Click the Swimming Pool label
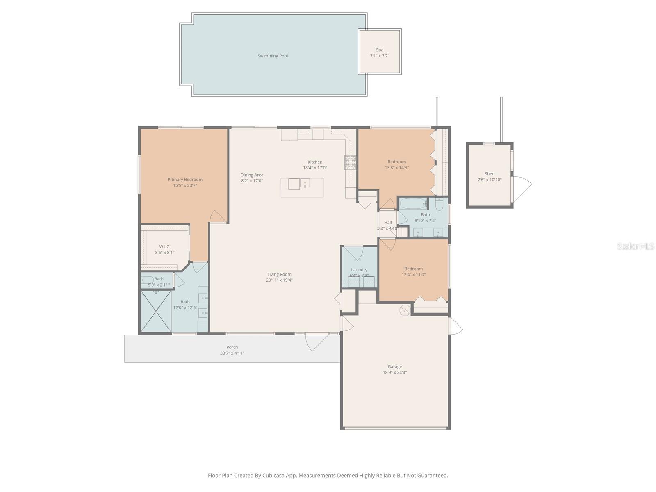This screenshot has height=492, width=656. (x=273, y=56)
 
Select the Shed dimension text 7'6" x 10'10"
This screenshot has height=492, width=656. (x=490, y=180)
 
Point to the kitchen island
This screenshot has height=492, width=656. (x=302, y=187)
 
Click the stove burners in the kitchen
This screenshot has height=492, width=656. (x=350, y=163)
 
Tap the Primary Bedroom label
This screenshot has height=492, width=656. (x=185, y=180)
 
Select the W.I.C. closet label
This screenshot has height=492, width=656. (x=165, y=246)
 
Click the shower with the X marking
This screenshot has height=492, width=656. (x=156, y=311)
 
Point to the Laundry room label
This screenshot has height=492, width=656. (x=359, y=270)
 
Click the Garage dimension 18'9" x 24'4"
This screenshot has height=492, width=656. (x=395, y=373)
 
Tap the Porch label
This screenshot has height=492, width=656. (x=232, y=347)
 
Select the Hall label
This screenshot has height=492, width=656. (x=388, y=223)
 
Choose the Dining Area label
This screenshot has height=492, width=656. (x=252, y=175)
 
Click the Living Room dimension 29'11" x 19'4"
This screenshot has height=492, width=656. (x=279, y=280)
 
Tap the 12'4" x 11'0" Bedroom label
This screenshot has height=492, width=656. (x=413, y=269)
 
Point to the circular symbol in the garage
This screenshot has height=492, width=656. (x=405, y=310)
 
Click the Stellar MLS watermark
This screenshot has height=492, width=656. (x=635, y=246)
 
